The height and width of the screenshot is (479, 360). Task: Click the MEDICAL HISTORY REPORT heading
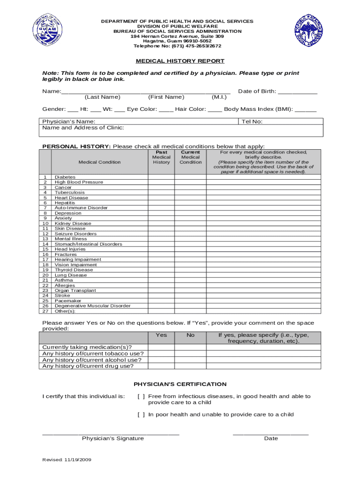click(x=180, y=61)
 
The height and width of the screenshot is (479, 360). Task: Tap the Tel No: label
click(x=252, y=122)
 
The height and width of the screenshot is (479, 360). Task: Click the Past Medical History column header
click(x=161, y=157)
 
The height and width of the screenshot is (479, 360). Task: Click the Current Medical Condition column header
click(x=191, y=157)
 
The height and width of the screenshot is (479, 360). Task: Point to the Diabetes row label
click(x=65, y=177)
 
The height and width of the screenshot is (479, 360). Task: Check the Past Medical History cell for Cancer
click(x=161, y=188)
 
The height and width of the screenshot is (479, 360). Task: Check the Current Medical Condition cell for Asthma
click(x=191, y=280)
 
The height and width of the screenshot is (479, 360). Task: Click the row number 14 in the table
click(x=45, y=244)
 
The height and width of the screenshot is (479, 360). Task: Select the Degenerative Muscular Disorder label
click(x=92, y=306)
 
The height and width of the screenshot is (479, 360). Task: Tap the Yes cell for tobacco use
click(x=161, y=354)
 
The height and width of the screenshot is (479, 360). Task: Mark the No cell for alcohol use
click(x=191, y=360)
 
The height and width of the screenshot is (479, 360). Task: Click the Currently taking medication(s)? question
click(x=87, y=347)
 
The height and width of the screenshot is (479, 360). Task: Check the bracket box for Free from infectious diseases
click(x=141, y=397)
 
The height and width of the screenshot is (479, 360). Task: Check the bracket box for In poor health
click(x=141, y=414)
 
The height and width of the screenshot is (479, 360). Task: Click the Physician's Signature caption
click(x=113, y=439)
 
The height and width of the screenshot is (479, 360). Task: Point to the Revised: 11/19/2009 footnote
click(x=67, y=460)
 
